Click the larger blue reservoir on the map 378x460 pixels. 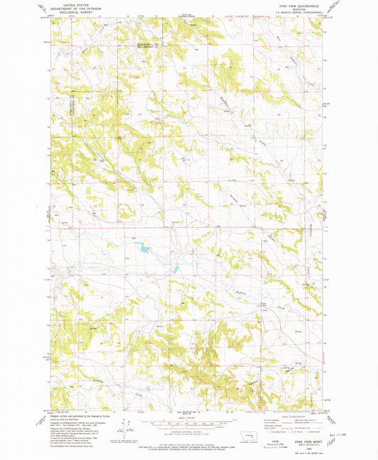click(x=142, y=248)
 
